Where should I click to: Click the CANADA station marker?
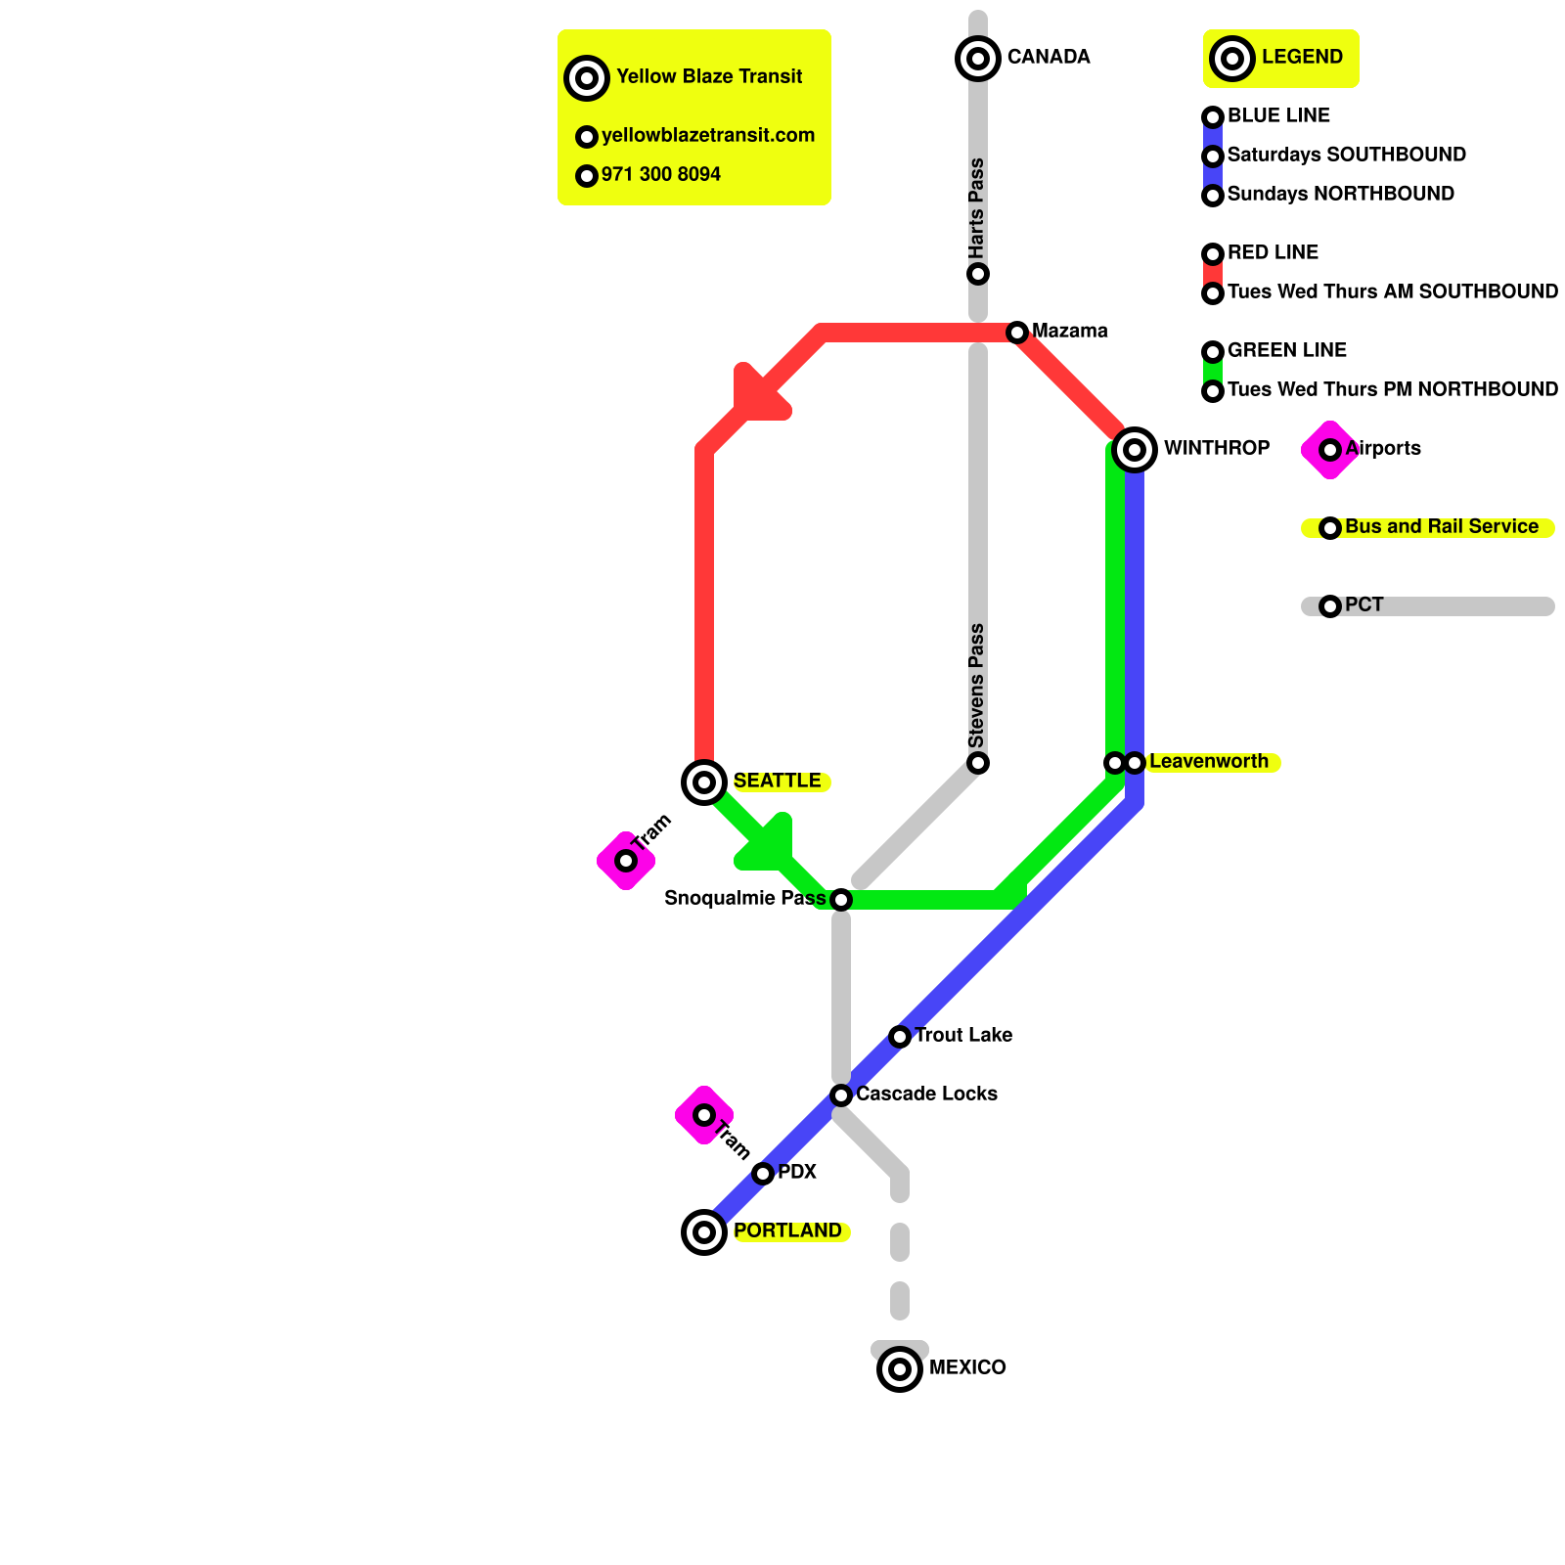coord(978,59)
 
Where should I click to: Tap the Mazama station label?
coord(1069,332)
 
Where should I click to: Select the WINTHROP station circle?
coord(1135,450)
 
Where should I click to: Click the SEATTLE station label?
coord(777,782)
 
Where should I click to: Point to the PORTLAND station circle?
coord(704,1232)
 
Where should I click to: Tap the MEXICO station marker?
coord(900,1369)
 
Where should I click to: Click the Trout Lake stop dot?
coord(900,1037)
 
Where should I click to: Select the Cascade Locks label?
coord(926,1095)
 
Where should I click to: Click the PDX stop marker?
coord(763,1174)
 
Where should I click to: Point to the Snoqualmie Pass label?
coord(744,899)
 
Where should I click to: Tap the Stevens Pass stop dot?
coord(978,763)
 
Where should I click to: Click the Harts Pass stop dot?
coord(978,274)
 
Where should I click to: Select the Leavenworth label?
coord(1208,762)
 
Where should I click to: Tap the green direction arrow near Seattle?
coord(769,846)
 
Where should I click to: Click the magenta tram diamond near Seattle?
coord(626,861)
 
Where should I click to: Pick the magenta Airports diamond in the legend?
coord(1330,450)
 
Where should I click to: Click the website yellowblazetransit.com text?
coord(708,136)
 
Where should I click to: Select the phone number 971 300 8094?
coord(660,175)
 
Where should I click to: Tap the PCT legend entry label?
coord(1364,605)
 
